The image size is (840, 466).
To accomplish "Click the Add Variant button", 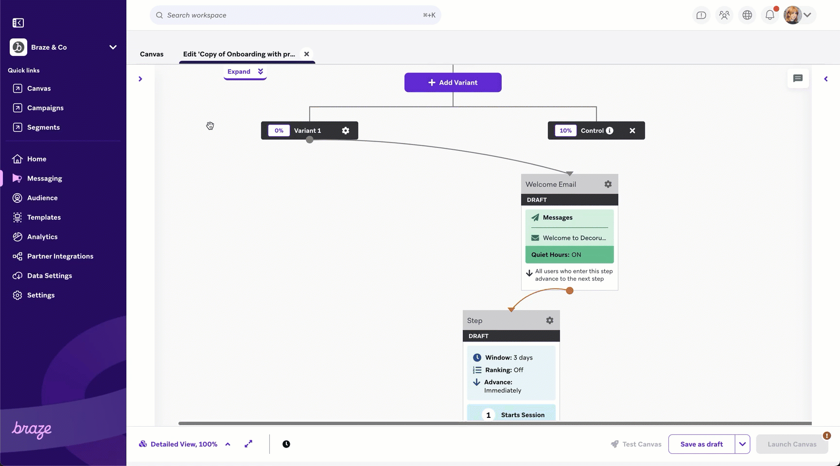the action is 453,82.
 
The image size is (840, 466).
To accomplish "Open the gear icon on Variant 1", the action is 346,130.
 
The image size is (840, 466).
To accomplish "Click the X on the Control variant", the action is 632,130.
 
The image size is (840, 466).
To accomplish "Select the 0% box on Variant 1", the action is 279,130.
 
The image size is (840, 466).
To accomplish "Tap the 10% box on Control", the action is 566,130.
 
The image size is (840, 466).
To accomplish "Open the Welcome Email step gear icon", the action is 608,184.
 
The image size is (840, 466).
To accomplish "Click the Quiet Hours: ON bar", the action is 570,254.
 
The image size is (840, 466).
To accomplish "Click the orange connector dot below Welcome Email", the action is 570,290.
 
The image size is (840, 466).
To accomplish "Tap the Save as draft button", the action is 701,444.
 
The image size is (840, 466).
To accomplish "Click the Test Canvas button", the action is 636,444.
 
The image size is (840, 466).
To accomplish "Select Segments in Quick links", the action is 43,127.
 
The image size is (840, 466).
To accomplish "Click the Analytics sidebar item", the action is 42,237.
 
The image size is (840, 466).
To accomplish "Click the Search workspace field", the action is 296,15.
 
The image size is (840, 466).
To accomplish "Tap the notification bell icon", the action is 770,15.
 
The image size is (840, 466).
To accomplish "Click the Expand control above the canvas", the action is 245,72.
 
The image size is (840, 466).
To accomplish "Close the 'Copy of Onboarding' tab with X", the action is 307,54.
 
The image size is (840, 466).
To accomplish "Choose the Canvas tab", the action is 152,54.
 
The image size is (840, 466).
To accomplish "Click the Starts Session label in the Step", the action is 523,415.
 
